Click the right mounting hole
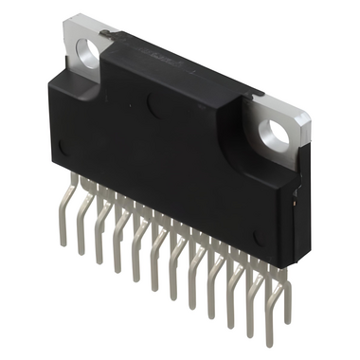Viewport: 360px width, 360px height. pyautogui.click(x=277, y=134)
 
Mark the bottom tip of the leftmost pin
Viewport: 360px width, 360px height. pyautogui.click(x=63, y=243)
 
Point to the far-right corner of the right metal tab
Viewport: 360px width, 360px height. pyautogui.click(x=312, y=116)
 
